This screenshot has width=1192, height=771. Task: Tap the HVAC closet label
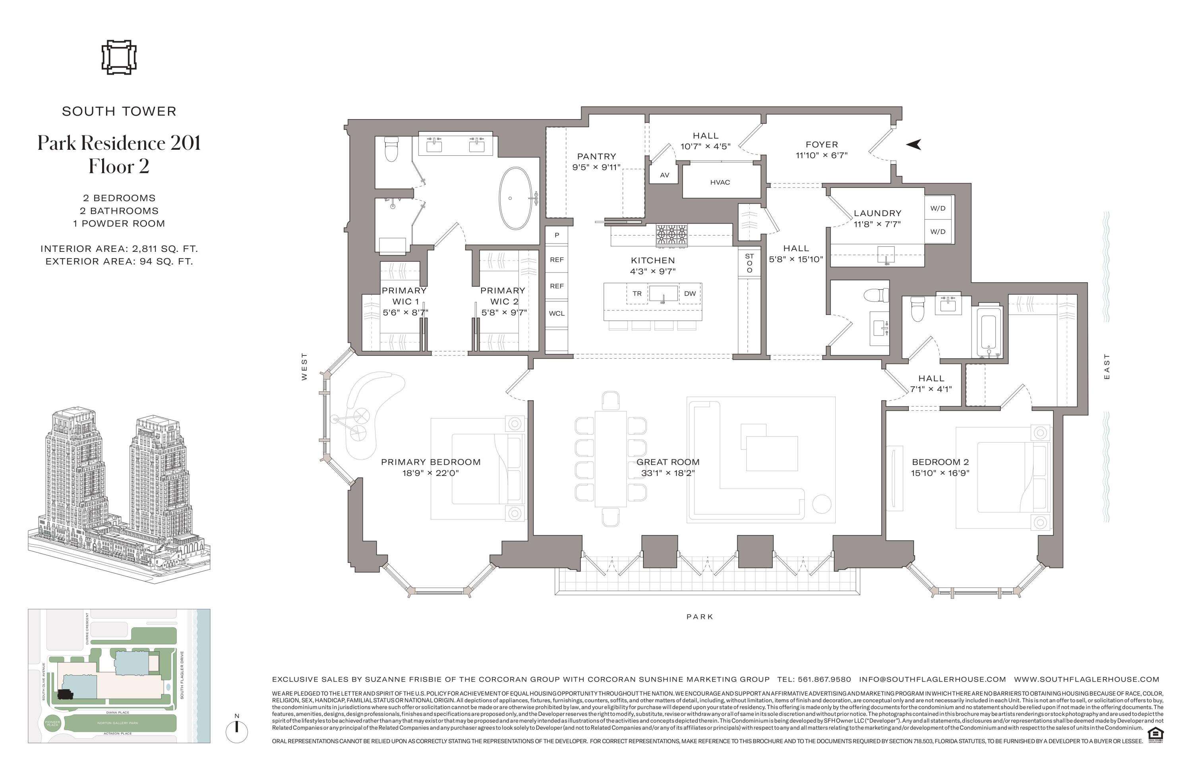(720, 182)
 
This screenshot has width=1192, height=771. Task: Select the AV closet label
(664, 175)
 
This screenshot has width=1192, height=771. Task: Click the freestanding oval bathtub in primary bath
(515, 198)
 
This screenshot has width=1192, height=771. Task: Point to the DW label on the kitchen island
(690, 294)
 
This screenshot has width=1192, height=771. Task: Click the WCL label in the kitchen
(556, 313)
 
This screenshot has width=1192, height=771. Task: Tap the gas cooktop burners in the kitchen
(671, 234)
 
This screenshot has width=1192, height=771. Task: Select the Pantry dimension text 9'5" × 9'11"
(596, 167)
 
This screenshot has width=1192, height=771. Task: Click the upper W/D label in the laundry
(938, 208)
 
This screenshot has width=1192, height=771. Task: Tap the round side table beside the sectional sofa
(821, 504)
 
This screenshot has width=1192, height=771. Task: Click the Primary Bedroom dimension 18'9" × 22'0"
(430, 473)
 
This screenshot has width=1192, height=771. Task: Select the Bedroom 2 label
(940, 462)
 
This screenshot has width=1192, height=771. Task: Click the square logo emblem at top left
(119, 58)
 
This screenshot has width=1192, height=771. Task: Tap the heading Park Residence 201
(119, 143)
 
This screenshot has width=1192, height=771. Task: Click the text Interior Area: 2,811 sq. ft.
(119, 249)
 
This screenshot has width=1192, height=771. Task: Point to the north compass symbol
(237, 730)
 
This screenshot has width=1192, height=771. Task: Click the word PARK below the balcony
(700, 617)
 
